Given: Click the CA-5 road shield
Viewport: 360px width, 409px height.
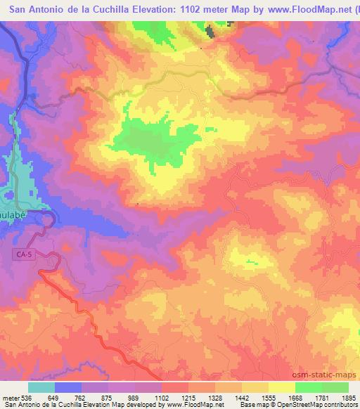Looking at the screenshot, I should [x=25, y=258].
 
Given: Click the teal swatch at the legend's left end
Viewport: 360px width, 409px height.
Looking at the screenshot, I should [x=41, y=387].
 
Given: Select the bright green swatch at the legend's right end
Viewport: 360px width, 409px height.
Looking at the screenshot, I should [x=335, y=387].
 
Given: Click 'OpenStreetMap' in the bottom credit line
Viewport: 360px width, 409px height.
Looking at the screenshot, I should [x=315, y=405].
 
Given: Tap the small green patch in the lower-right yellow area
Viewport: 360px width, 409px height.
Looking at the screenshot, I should [x=251, y=262].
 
